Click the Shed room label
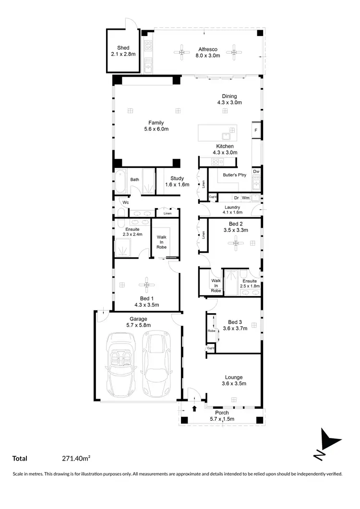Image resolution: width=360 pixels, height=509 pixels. click(123, 51)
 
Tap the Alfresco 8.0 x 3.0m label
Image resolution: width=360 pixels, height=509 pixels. click(208, 52)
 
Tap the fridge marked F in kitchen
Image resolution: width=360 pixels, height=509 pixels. click(255, 130)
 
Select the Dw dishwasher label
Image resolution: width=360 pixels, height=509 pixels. click(256, 172)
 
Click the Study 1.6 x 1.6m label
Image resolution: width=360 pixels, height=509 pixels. click(177, 181)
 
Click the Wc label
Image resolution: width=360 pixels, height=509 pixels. click(125, 202)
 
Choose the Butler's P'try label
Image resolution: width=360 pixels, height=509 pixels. click(234, 175)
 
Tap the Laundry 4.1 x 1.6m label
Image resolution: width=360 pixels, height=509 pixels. click(232, 210)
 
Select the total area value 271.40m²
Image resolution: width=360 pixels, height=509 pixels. click(77, 459)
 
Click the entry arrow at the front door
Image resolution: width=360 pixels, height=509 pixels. click(194, 409)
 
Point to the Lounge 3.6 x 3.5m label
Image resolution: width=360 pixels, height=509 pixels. click(234, 380)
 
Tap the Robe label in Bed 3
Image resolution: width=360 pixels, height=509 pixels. click(211, 331)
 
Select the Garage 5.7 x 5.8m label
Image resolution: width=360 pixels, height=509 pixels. click(138, 322)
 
